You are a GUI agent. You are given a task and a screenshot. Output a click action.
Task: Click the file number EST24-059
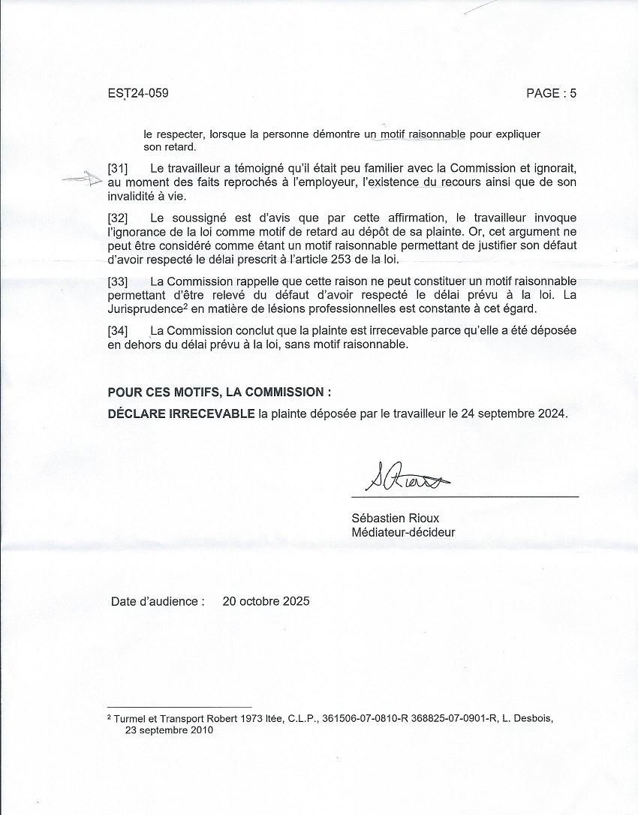pos(138,94)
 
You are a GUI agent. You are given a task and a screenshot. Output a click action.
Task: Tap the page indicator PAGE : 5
pos(551,94)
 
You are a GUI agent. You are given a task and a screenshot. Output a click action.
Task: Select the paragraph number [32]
pos(118,218)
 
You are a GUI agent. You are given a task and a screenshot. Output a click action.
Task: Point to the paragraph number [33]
pos(118,281)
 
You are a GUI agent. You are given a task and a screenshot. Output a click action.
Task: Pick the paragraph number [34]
pos(118,331)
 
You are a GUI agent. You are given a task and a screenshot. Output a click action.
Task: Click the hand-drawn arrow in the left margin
pos(82,179)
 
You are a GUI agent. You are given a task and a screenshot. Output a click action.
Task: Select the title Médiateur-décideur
pos(403,533)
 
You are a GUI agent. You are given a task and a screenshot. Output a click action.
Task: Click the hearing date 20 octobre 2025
pos(266,601)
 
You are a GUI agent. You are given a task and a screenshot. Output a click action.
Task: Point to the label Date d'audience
pos(156,601)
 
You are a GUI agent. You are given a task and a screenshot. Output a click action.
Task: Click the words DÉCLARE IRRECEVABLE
pos(181,414)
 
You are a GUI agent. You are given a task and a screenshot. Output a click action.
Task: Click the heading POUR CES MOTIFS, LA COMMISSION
pos(219,392)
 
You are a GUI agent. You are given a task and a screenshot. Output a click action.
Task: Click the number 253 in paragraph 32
pos(308,260)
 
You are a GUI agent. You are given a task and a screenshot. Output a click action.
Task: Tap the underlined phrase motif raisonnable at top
pos(423,134)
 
